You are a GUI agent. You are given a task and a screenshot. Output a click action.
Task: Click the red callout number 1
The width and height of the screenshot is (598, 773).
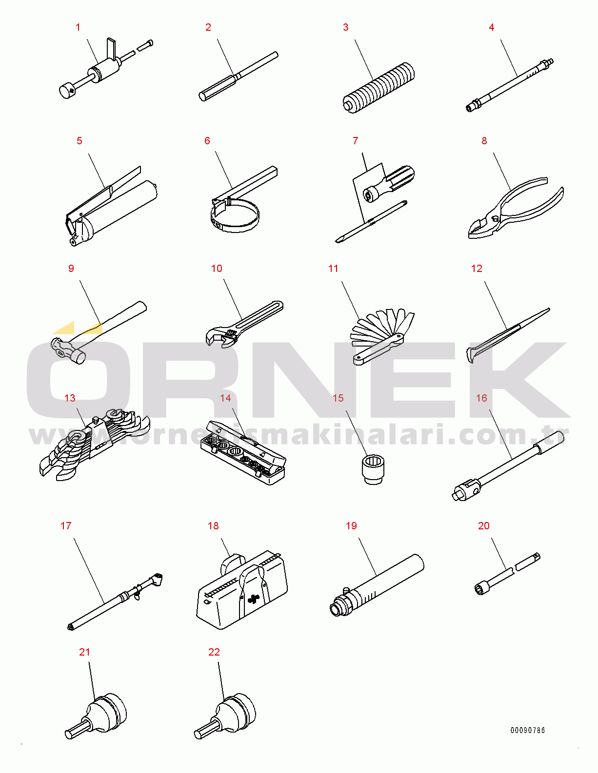(78, 28)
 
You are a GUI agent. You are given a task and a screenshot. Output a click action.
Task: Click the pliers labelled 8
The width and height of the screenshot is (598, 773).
(512, 210)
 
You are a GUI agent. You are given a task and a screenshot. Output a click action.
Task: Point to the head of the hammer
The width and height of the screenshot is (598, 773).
(67, 349)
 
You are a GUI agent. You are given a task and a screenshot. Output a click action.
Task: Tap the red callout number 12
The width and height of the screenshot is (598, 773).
(477, 269)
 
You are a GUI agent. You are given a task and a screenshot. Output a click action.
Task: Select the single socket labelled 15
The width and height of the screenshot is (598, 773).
(373, 468)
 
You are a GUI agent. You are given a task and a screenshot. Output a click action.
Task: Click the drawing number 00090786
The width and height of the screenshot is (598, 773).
(528, 730)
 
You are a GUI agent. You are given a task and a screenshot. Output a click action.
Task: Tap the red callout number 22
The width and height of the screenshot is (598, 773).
(214, 652)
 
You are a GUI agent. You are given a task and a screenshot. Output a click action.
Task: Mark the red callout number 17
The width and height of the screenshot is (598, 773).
(66, 526)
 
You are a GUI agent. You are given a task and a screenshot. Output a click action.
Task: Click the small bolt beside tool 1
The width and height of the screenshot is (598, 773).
(146, 45)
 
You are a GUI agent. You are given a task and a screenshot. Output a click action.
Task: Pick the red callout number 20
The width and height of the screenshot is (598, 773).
(484, 526)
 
